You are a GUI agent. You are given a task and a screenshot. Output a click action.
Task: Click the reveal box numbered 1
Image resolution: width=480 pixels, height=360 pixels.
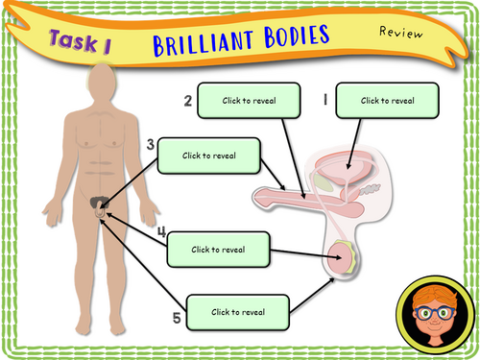[387, 101]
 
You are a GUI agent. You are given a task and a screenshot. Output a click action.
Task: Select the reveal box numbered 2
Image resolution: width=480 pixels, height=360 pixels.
[249, 101]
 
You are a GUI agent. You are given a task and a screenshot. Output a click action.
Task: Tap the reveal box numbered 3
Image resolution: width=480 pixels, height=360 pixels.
[208, 156]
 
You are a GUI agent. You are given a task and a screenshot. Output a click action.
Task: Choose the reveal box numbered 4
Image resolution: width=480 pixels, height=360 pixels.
[218, 250]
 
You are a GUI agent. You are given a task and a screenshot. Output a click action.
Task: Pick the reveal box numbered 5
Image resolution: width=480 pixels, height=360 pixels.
[238, 312]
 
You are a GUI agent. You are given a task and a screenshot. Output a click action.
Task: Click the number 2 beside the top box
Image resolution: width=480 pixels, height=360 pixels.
[188, 101]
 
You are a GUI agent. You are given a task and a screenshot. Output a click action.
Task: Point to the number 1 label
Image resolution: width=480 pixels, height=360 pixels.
[325, 99]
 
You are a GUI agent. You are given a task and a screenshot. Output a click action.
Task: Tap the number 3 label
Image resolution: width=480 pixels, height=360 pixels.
[151, 144]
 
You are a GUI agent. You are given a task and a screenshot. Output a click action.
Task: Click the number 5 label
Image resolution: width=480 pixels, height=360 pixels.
[177, 318]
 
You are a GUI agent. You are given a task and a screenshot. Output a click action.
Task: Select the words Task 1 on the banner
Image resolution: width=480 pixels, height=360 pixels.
[81, 41]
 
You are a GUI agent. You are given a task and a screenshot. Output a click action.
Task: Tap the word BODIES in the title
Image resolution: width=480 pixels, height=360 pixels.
[297, 36]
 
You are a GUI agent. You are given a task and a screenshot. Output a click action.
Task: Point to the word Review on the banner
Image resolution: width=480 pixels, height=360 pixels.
[401, 33]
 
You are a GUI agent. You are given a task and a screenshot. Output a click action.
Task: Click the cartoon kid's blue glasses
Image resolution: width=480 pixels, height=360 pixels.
[434, 313]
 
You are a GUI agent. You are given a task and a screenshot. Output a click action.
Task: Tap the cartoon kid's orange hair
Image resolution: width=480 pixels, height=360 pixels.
[435, 296]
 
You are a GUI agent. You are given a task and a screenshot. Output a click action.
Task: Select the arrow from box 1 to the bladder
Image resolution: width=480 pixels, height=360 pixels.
[354, 144]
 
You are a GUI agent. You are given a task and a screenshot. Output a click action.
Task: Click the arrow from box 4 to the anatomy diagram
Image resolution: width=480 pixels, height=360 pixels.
[305, 253]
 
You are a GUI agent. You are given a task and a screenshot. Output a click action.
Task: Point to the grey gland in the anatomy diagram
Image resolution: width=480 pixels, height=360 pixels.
[370, 189]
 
